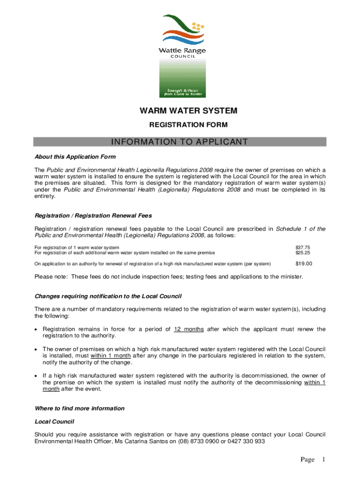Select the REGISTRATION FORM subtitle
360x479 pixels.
click(188, 125)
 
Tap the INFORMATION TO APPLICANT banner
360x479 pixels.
click(180, 142)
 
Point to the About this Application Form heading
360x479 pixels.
click(75, 157)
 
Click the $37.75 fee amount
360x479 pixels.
click(302, 247)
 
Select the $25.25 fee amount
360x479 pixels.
click(302, 253)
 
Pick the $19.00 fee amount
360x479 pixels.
click(304, 264)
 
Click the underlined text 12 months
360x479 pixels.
click(188, 329)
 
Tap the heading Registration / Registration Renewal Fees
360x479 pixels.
click(94, 216)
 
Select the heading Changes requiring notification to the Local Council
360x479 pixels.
click(108, 297)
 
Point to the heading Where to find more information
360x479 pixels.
click(80, 408)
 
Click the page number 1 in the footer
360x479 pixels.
click(322, 460)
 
